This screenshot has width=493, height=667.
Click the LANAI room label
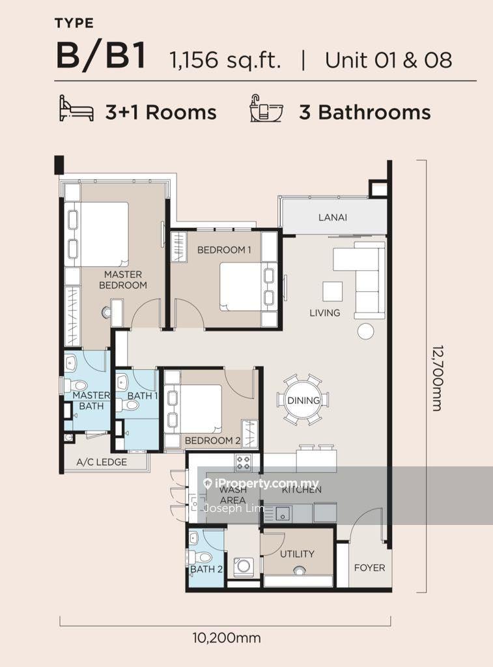point(333,218)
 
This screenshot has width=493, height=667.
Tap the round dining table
point(303,400)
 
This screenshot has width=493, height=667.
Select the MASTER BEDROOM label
point(123,280)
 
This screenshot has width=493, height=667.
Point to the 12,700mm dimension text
point(437,378)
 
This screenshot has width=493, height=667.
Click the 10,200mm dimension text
point(227,638)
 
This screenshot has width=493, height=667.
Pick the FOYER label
point(370,568)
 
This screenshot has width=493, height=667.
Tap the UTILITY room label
point(298,554)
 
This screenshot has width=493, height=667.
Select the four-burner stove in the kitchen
point(244,462)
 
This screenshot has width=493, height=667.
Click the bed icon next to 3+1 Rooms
point(76,109)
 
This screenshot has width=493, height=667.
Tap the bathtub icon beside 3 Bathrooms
point(266,109)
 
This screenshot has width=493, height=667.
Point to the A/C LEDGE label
point(102,462)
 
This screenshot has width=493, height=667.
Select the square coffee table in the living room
point(332,291)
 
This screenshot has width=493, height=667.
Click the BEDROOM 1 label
point(224,250)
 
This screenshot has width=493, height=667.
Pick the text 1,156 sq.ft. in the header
point(225,60)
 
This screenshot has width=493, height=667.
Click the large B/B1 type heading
point(101,55)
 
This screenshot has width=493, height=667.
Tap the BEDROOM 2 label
point(213,441)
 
